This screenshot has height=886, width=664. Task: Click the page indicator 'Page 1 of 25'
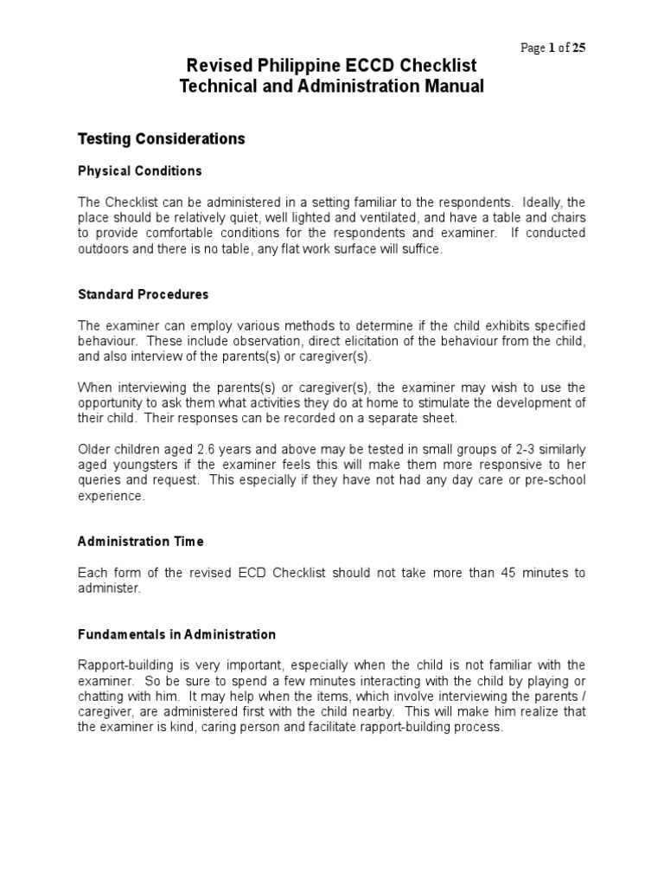coord(552,48)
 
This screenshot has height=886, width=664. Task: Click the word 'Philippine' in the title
coord(289,66)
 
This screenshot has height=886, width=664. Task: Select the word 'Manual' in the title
coord(446,86)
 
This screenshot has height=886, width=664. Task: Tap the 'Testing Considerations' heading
coord(162,138)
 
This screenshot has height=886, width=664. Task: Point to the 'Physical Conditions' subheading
coord(140,170)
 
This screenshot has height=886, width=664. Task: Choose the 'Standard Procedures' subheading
coord(144,294)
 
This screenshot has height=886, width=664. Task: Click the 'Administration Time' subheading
coord(141,542)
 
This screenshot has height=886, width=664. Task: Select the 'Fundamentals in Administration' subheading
coord(176,634)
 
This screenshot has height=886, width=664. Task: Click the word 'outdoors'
coord(103,249)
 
